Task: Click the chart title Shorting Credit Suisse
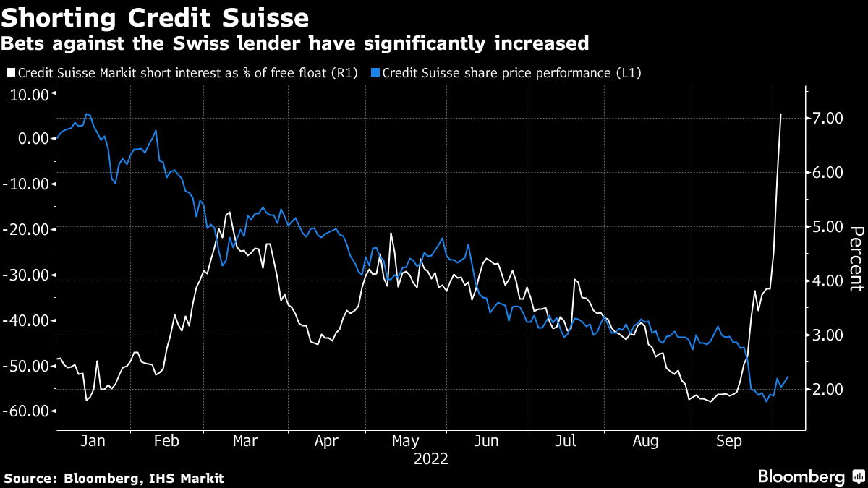coord(156,17)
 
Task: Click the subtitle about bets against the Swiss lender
coord(295,44)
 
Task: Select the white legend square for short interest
coord(10,73)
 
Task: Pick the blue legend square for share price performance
coord(375,73)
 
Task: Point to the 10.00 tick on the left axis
coord(29,94)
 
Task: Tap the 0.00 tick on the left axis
coord(33,139)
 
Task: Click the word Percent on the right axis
coord(856,258)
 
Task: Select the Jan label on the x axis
coord(93,441)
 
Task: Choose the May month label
coord(404,441)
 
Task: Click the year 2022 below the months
coord(431,459)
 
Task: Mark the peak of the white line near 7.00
coord(780,114)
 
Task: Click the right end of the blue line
coord(787,377)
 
